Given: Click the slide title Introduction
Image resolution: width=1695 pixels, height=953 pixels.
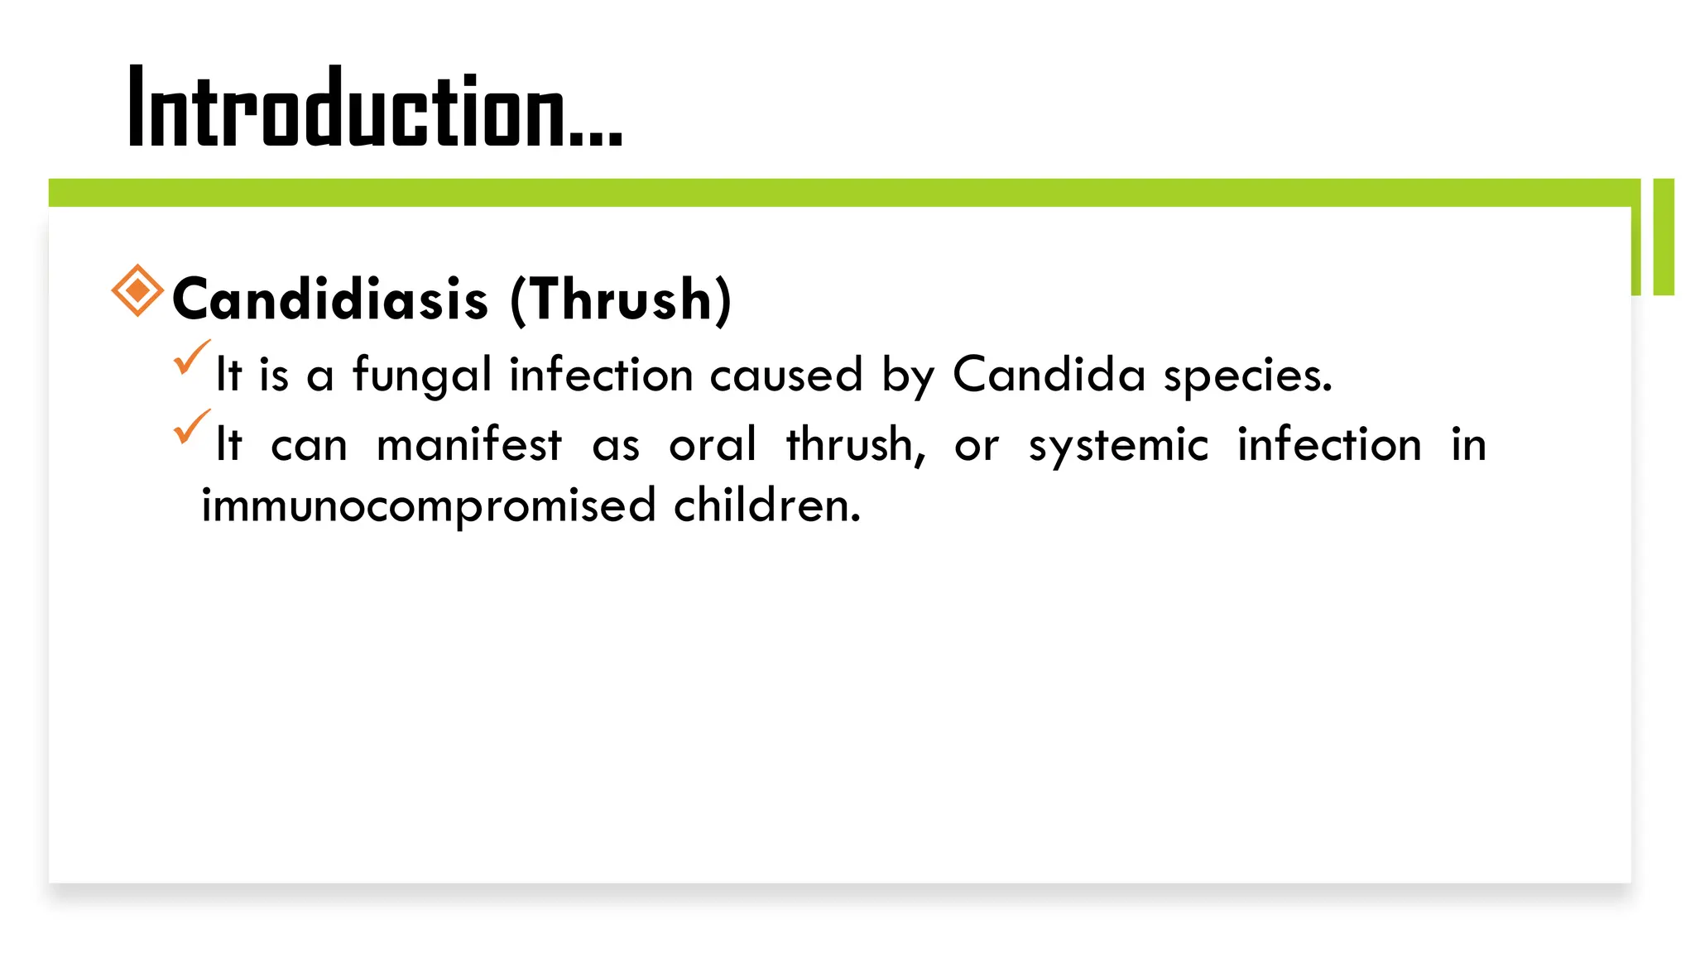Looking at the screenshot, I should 374,108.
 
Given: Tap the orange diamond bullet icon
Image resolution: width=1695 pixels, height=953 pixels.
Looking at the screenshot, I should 137,290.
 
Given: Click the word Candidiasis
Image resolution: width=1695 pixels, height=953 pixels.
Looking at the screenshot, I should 330,299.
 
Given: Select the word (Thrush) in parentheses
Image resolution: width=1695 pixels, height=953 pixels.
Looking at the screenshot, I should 621,299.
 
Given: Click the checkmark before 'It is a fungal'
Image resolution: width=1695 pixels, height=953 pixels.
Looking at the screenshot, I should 191,357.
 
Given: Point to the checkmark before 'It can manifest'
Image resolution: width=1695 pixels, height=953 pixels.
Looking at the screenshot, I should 191,427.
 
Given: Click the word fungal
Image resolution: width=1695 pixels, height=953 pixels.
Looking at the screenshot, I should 422,375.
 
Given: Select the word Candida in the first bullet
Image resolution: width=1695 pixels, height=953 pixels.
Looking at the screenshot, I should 1049,375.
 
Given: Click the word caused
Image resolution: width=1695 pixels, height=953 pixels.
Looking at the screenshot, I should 786,375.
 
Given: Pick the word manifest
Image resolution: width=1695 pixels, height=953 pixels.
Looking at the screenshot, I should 469,444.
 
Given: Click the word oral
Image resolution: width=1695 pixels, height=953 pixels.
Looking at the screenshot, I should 713,444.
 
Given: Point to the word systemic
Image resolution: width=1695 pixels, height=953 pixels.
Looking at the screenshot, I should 1118,446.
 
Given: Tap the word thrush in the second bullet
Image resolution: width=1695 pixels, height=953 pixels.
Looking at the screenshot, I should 855,444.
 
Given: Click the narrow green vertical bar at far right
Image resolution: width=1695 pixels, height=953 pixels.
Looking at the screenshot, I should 1664,237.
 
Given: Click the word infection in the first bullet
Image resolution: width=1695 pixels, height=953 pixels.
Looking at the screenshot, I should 601,375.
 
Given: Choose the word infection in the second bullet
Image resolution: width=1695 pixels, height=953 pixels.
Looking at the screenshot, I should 1329,444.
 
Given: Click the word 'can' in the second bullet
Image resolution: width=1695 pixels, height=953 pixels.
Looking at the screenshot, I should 309,446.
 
